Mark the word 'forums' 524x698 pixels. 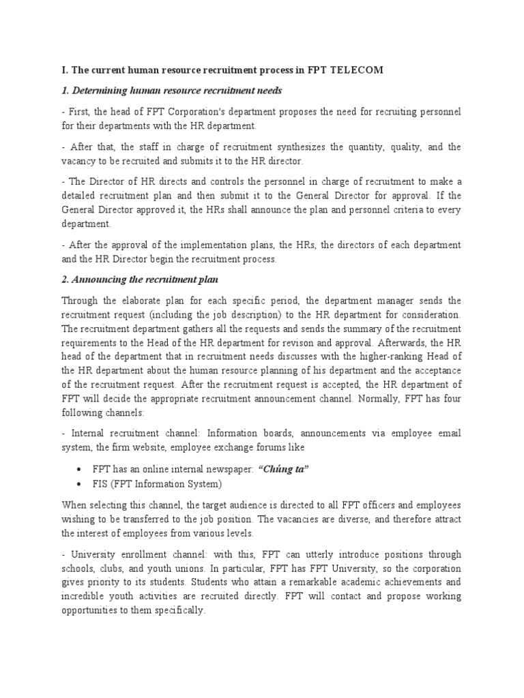click(x=270, y=447)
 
